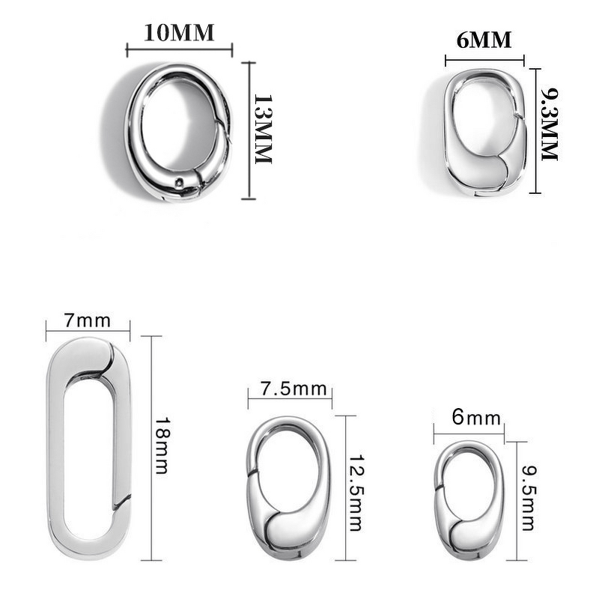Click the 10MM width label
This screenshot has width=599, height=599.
(x=180, y=34)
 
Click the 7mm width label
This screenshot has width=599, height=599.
(x=88, y=320)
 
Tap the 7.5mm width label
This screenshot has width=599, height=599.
(x=294, y=389)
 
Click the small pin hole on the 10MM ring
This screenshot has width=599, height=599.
(x=179, y=183)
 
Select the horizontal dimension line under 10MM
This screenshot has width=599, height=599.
(x=180, y=50)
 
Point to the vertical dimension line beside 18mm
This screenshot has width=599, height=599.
(x=152, y=447)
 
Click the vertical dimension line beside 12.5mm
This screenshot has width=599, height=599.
(x=345, y=488)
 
